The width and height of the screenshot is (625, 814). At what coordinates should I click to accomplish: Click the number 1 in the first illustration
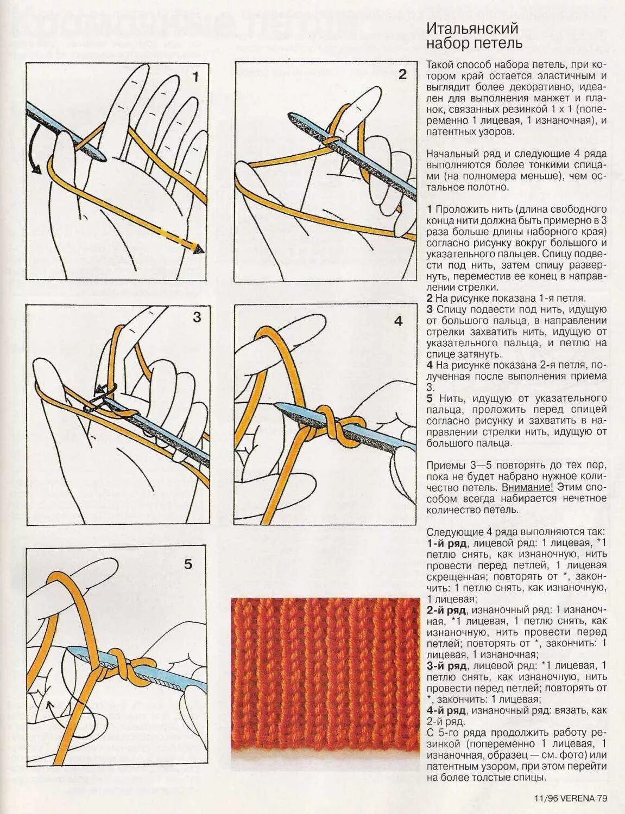[195, 77]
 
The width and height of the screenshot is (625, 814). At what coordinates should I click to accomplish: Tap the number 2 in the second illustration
[402, 75]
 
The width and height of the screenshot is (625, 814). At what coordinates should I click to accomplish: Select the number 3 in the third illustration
[197, 317]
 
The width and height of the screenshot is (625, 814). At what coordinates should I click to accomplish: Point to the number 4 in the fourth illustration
[399, 321]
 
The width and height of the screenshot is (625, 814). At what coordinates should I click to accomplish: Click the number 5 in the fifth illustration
[188, 564]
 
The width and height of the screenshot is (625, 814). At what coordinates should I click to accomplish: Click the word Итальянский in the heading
[472, 28]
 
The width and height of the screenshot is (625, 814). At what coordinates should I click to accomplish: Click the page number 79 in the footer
[602, 798]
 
